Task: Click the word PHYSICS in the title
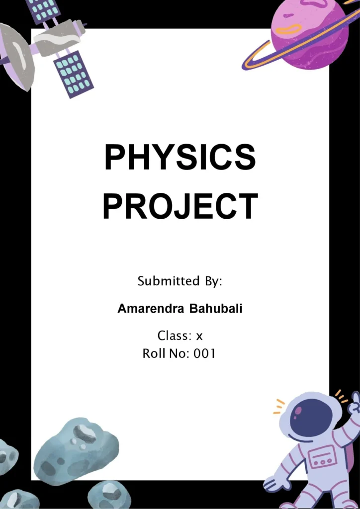coord(180,158)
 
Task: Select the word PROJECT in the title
coord(180,206)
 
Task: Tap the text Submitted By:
coord(180,281)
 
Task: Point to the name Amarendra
coord(151,309)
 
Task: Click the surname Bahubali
coord(216,309)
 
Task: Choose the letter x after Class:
coord(199,336)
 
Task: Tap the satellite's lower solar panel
coord(73,74)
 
